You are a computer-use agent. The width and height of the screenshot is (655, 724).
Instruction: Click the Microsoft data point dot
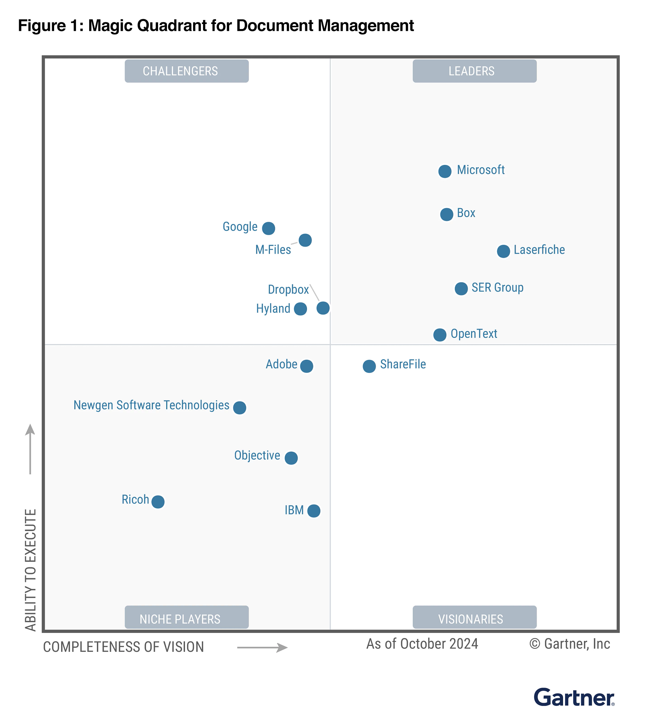tap(445, 171)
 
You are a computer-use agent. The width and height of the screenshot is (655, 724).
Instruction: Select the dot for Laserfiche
tap(503, 251)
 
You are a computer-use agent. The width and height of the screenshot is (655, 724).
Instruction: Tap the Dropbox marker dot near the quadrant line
tap(323, 308)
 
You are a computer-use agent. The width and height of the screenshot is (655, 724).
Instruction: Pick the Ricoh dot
tap(158, 501)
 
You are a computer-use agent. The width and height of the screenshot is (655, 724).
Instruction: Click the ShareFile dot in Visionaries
tap(369, 366)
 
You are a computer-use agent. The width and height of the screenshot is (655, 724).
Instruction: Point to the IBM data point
tap(314, 510)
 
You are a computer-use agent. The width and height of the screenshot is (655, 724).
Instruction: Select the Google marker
tap(268, 228)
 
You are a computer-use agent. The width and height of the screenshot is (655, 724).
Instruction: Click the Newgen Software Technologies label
tap(151, 405)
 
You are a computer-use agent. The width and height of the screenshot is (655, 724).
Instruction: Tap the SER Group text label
tap(497, 288)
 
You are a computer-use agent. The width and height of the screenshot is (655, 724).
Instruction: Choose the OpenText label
tap(474, 334)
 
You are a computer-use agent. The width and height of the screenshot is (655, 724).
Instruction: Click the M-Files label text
tap(273, 250)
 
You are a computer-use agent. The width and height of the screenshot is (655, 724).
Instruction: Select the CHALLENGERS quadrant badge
tap(186, 71)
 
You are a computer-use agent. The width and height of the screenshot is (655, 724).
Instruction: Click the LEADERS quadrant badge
tap(474, 71)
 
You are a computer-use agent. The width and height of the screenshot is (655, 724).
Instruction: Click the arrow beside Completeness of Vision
tap(262, 648)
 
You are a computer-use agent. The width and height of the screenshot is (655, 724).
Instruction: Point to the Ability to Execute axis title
tap(31, 569)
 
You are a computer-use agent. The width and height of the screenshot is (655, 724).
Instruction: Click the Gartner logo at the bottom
tap(574, 697)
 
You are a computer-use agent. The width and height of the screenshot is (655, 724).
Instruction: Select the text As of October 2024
tap(422, 644)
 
